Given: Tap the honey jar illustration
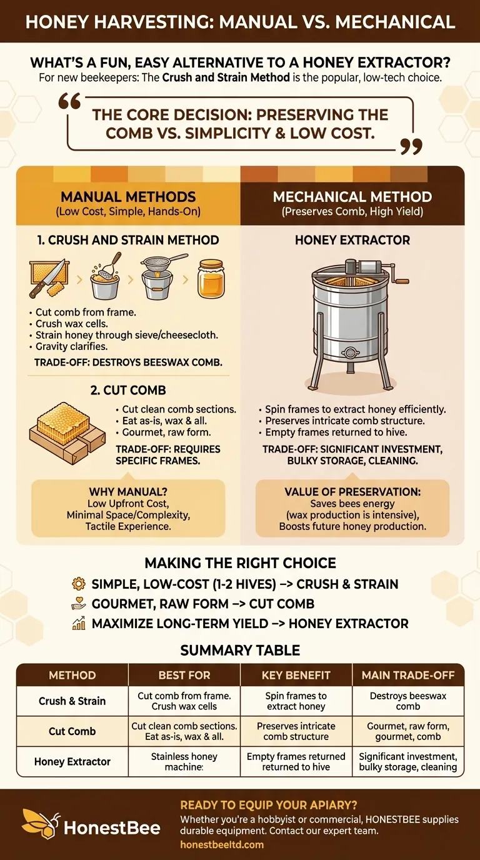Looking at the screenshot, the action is coord(211,279).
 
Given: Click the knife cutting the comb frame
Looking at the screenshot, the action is coord(48,279).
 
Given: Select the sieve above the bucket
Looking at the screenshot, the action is coord(163,261).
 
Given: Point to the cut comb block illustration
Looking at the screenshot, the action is coord(67,433).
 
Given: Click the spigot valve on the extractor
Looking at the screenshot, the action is coord(350,352).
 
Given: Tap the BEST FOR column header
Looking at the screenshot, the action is coord(184,675).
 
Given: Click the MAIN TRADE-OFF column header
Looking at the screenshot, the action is coord(408,675).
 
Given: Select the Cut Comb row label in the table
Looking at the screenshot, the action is coord(72,731).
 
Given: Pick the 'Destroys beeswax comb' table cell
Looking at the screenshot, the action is coord(408,701).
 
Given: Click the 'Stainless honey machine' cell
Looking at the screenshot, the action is coord(184,762).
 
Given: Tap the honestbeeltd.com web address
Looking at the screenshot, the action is coord(222,844).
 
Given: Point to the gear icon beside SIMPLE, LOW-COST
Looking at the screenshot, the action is coord(79,584).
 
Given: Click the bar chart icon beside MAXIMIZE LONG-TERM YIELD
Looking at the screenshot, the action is coord(79,624).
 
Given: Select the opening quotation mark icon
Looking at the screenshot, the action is coord(69,102).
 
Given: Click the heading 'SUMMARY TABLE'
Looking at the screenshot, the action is coord(240,651).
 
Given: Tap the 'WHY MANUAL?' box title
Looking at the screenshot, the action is coord(128,492).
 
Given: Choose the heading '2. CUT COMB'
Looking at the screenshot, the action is coord(128,390).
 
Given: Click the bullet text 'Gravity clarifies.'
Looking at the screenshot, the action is coord(71,346).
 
